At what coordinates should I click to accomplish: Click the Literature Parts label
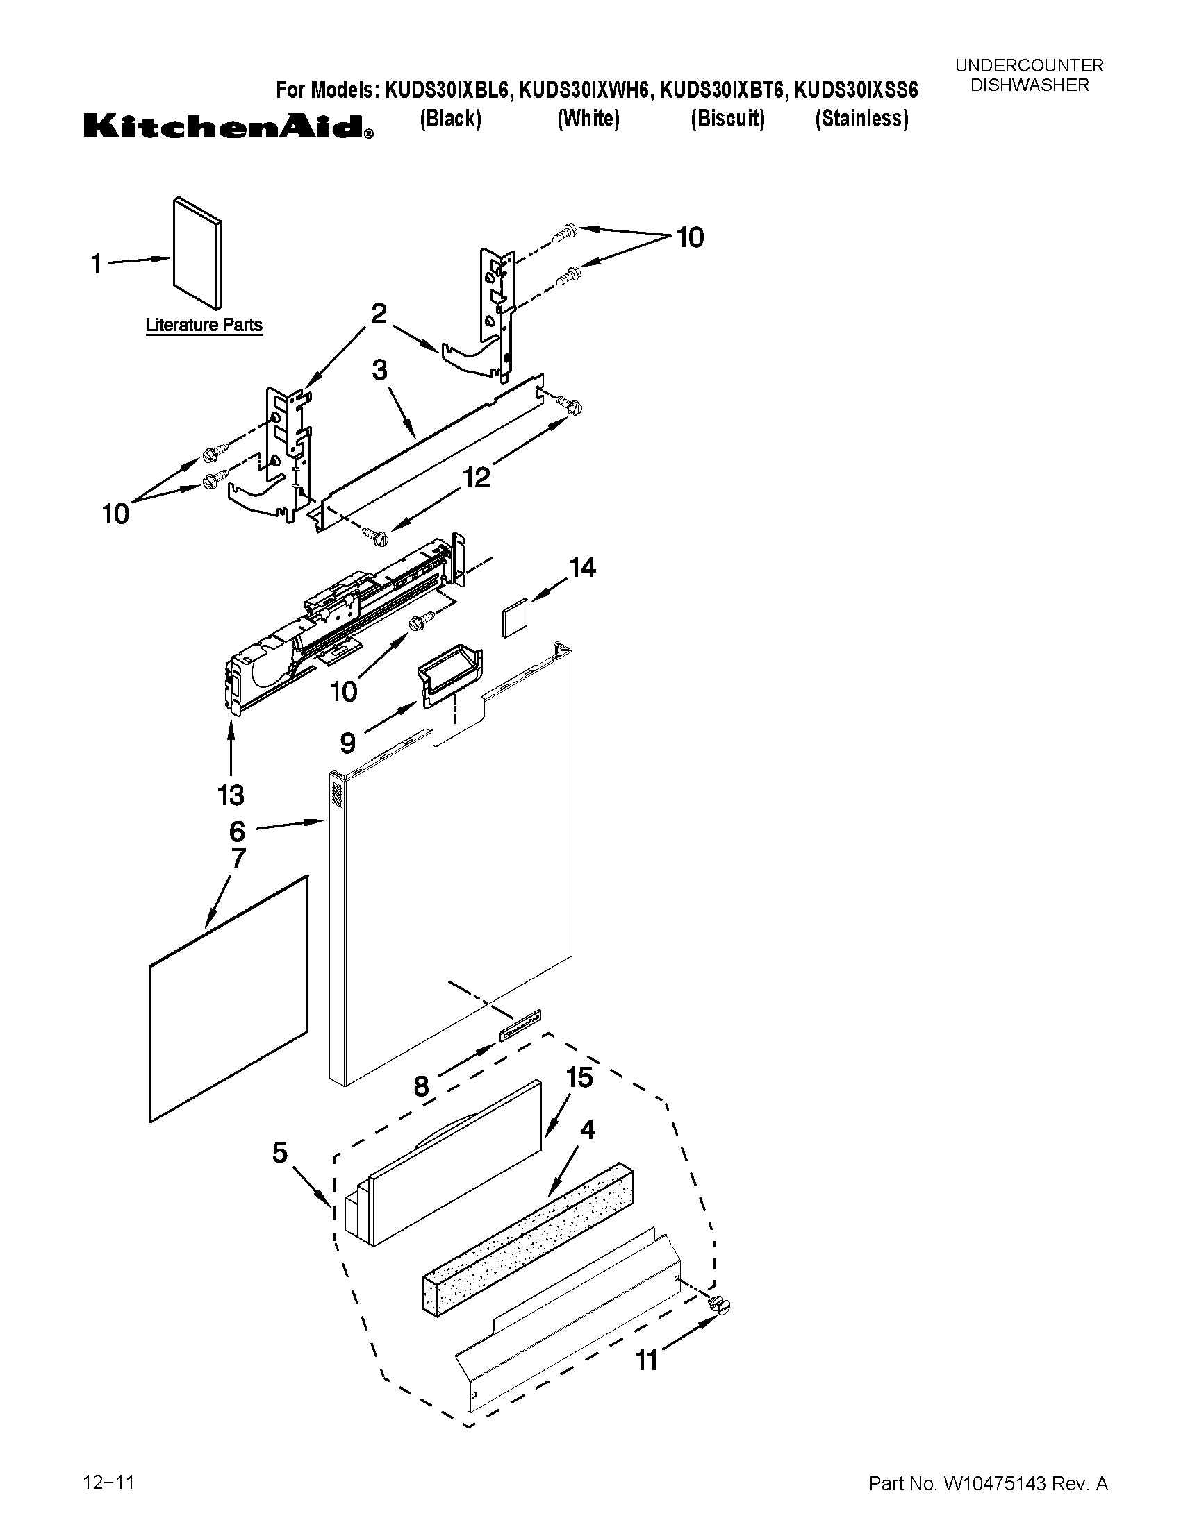[204, 325]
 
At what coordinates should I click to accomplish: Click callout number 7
[238, 858]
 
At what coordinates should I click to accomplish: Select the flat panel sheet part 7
[228, 999]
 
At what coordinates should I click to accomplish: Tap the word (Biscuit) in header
[727, 119]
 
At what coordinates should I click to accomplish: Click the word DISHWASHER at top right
[1029, 85]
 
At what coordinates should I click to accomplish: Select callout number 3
[379, 370]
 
